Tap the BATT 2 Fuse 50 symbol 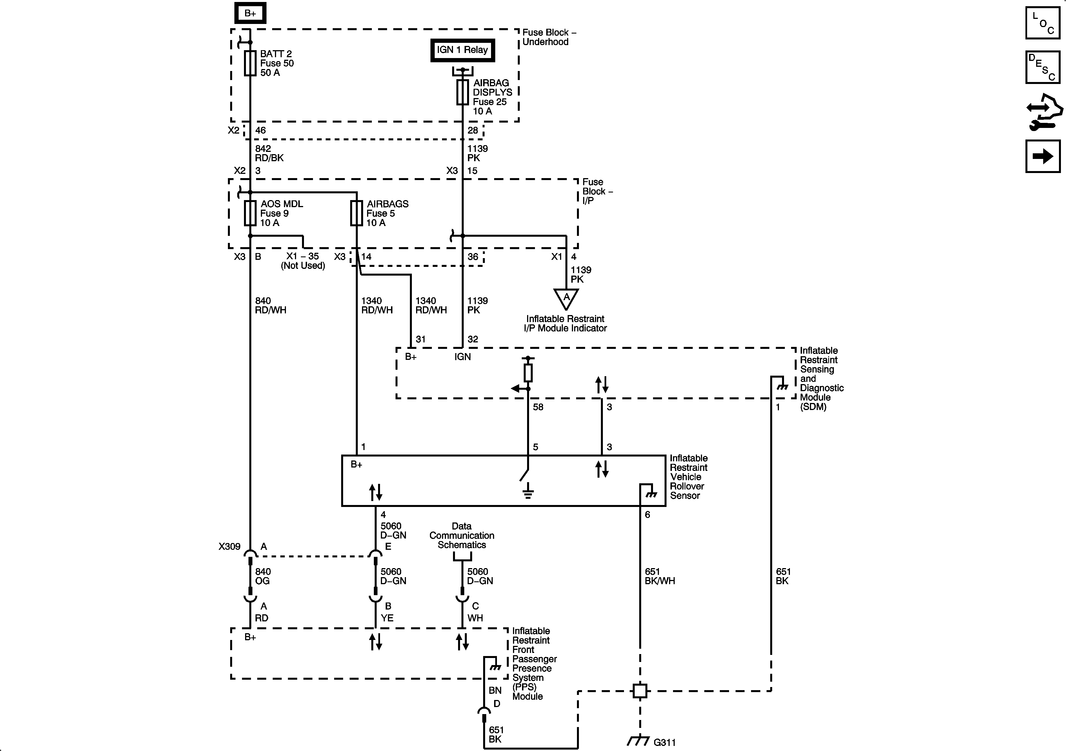[250, 63]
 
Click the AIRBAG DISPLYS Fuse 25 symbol [462, 92]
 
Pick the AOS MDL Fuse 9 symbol [250, 213]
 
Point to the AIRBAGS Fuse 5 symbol [357, 213]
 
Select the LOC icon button [1043, 23]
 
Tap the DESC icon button [1043, 67]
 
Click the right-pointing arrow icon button [1043, 156]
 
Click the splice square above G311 [640, 691]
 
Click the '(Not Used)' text [303, 266]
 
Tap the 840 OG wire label [263, 576]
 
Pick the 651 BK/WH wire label [659, 576]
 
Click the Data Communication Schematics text [461, 535]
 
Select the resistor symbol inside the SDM [528, 373]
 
